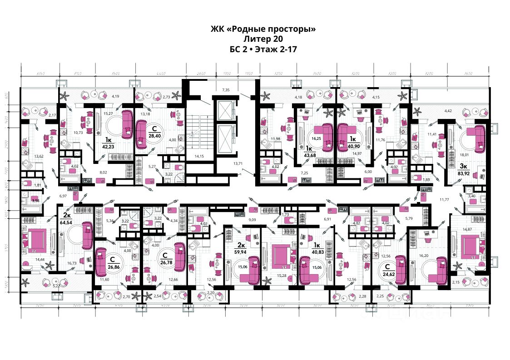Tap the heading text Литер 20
(x=263, y=39)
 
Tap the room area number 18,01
(x=463, y=155)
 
